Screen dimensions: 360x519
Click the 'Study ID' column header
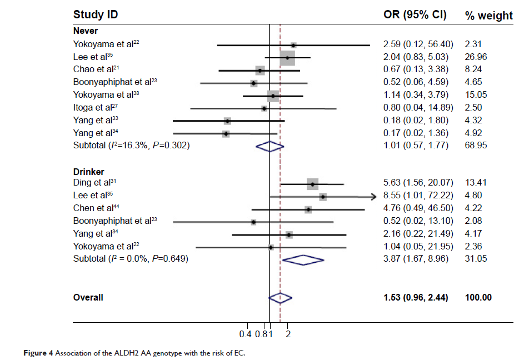click(x=96, y=14)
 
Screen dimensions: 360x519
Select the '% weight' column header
click(x=488, y=16)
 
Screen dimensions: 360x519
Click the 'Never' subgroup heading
click(x=86, y=31)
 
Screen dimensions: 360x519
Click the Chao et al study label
click(x=97, y=69)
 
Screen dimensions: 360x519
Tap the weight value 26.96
click(x=476, y=57)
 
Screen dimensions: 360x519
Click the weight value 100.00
click(x=478, y=298)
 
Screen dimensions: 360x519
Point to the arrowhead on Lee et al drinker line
click(x=373, y=196)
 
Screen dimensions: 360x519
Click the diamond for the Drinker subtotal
click(x=303, y=259)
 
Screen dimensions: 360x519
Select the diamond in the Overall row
click(x=280, y=298)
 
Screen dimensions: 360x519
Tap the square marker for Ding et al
click(x=313, y=183)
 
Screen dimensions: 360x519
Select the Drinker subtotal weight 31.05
click(x=476, y=259)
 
